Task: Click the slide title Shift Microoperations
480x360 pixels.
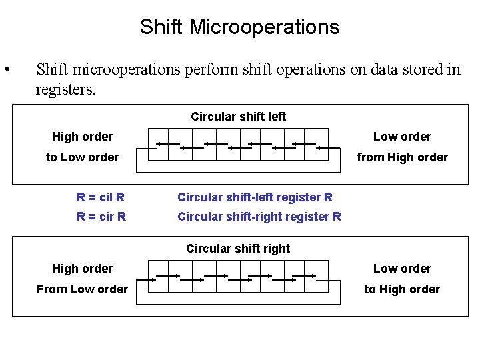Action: pos(239,27)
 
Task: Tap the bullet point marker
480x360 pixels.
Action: pos(7,70)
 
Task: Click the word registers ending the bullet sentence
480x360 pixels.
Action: pos(65,90)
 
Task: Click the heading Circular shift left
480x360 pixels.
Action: pos(238,117)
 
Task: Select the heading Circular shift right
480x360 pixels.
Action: pos(238,249)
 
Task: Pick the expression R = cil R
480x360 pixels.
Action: pos(101,197)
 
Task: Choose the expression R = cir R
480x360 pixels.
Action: pos(101,217)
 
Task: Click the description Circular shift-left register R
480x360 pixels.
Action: pos(255,197)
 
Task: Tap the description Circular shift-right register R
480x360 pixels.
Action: pos(259,217)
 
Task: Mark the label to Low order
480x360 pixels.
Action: pos(82,157)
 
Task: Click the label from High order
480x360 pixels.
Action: pos(402,157)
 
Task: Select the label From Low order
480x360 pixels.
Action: pos(82,289)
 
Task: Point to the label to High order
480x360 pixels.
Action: pos(402,289)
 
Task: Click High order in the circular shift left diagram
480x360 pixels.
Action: pos(82,137)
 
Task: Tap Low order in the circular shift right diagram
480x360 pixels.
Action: pos(402,269)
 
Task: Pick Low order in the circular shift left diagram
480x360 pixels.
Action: pos(402,137)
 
